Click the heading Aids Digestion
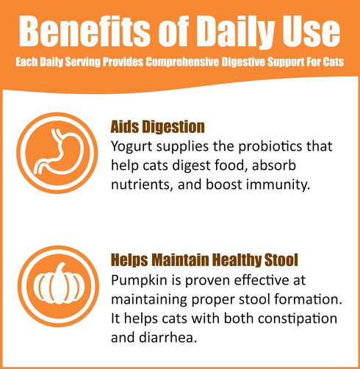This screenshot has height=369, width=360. [x=157, y=126]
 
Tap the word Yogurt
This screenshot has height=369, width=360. [x=132, y=146]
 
